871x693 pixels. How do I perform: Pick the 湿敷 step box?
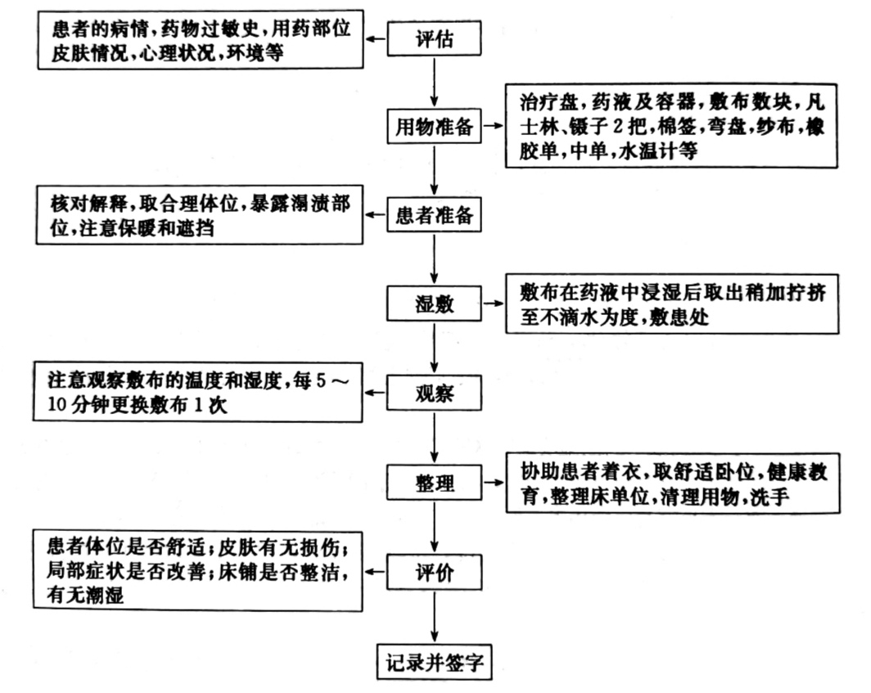pyautogui.click(x=434, y=304)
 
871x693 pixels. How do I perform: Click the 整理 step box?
pyautogui.click(x=434, y=482)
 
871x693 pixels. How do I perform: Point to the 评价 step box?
pyautogui.click(x=434, y=570)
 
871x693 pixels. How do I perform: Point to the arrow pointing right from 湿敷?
pyautogui.click(x=493, y=304)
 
